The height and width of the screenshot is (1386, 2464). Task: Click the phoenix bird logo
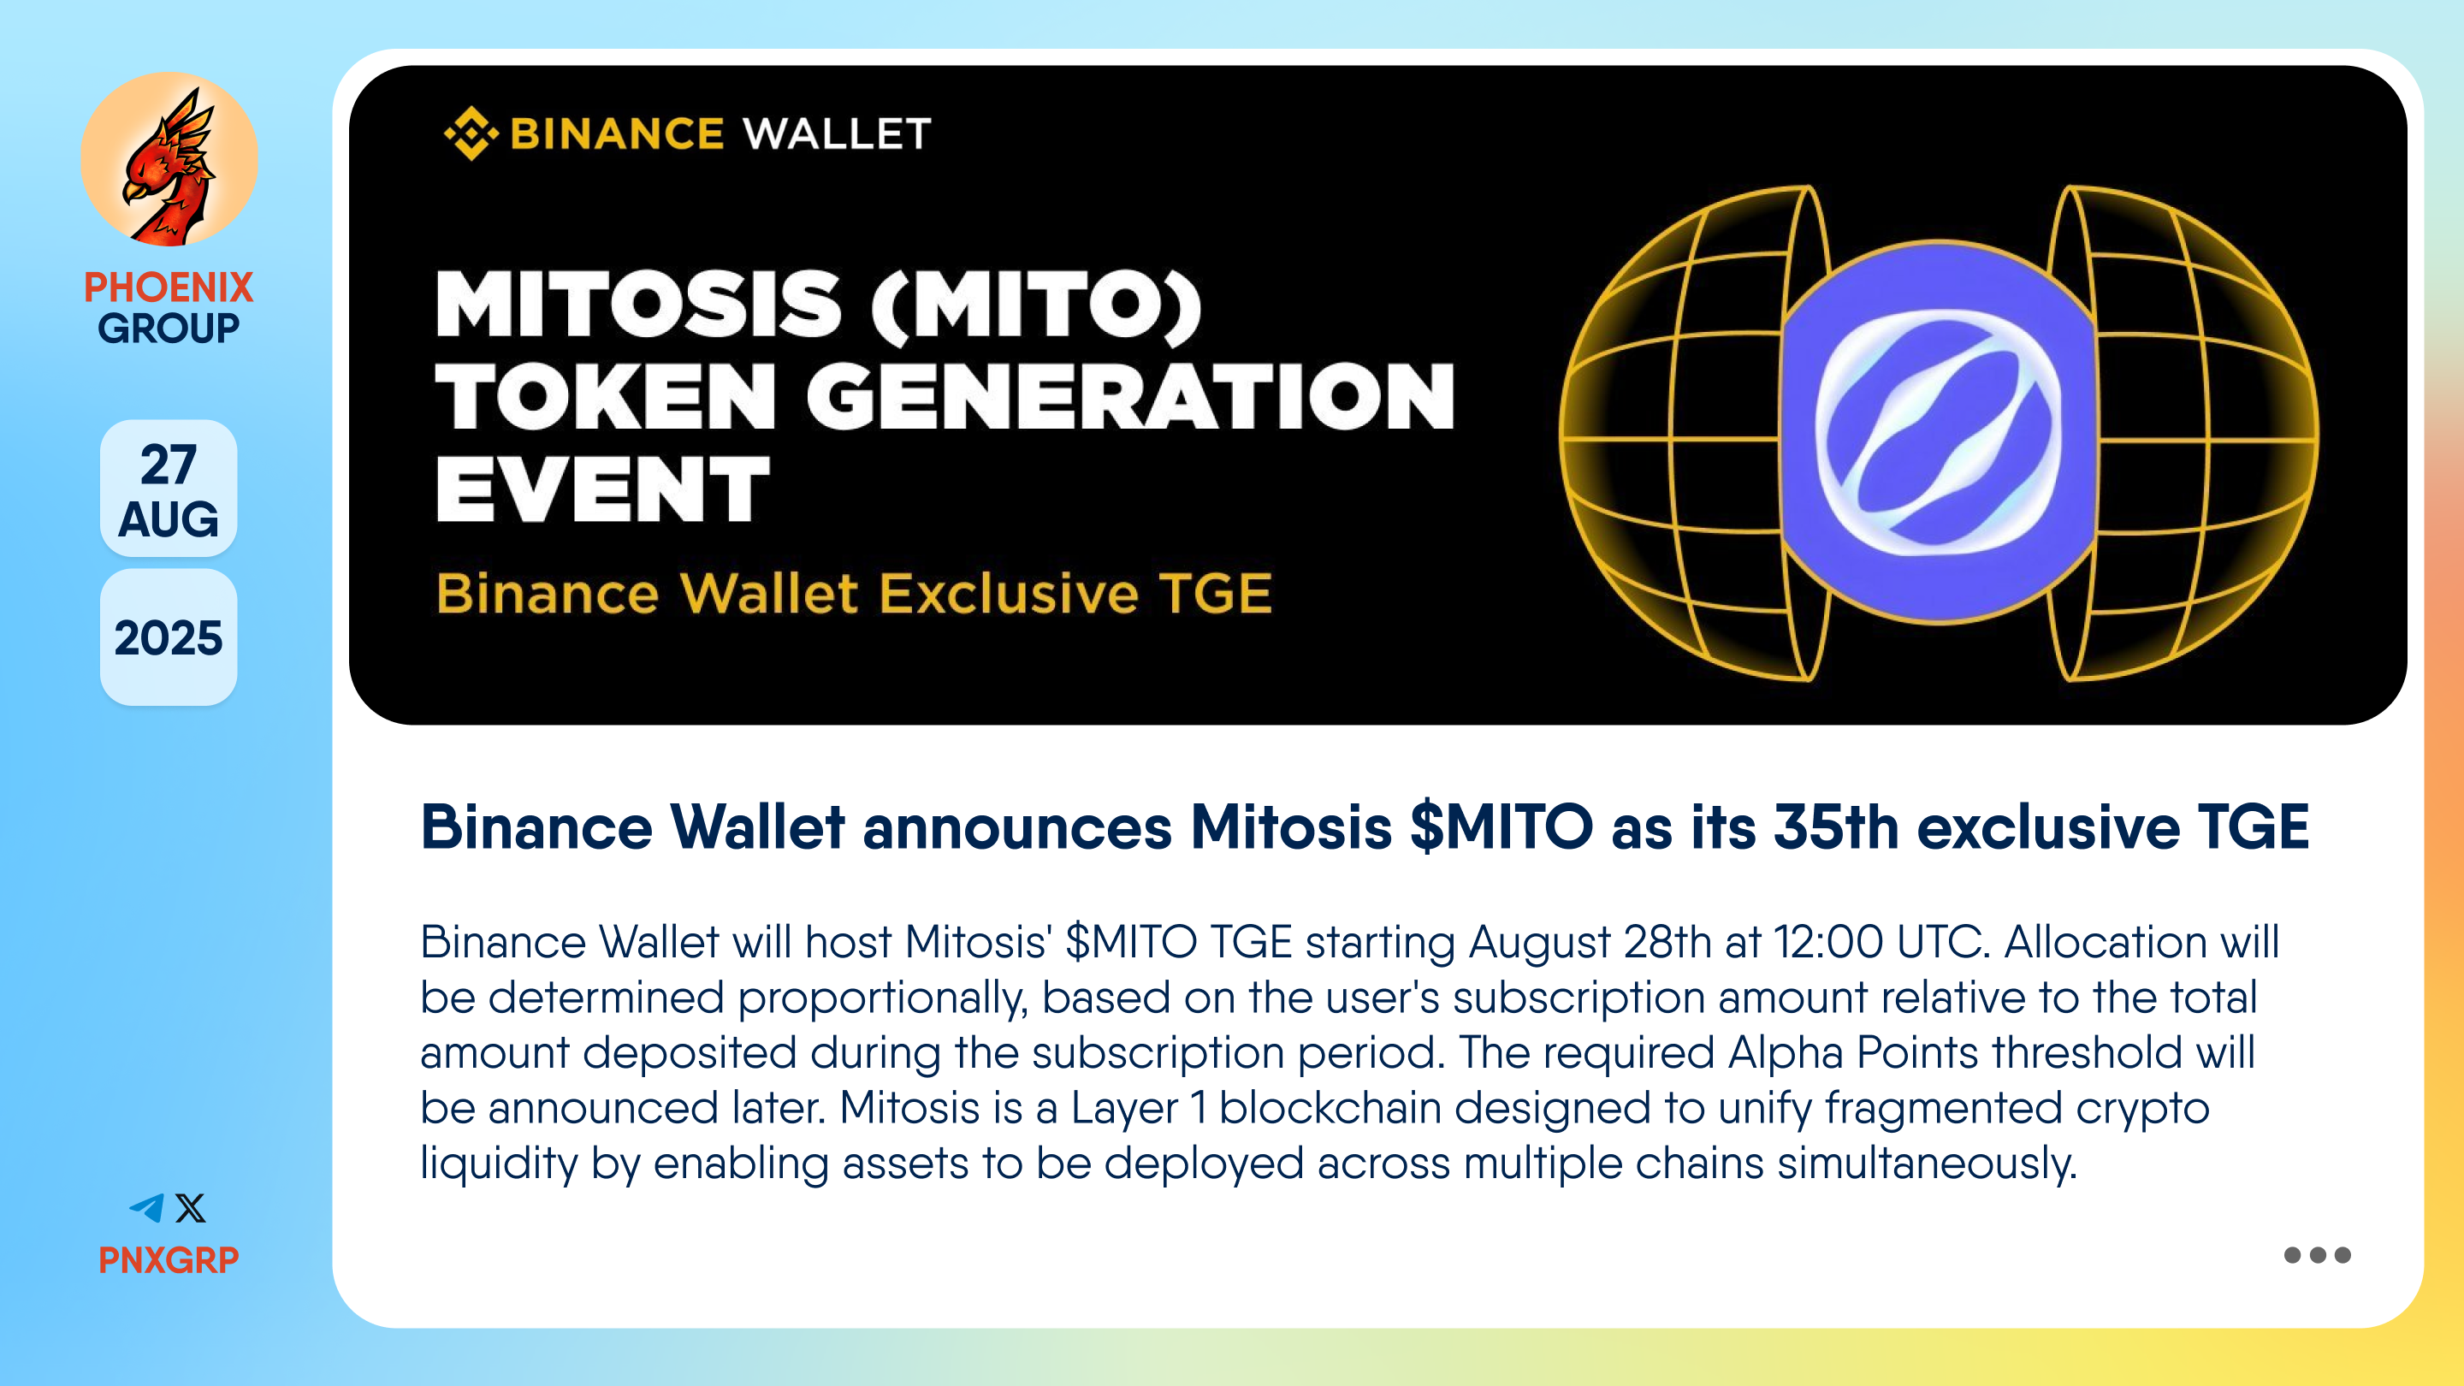coord(169,159)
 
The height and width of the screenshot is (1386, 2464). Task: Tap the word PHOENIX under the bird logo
coord(169,287)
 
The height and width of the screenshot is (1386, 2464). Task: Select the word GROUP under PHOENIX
coord(169,328)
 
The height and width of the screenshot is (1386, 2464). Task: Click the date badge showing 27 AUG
coord(169,489)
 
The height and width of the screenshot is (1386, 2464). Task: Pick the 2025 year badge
coord(169,638)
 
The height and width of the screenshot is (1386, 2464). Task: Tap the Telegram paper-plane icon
coord(147,1208)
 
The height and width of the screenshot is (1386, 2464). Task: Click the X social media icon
coord(190,1208)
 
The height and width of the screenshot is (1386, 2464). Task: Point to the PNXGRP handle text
coord(169,1259)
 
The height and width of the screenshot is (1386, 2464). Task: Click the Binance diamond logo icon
coord(471,133)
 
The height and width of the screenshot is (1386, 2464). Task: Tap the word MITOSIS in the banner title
coord(639,305)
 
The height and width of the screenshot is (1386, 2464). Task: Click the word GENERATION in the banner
coord(1130,396)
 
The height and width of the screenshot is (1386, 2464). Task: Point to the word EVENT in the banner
coord(602,489)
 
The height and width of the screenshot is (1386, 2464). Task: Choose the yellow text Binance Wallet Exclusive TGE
coord(854,593)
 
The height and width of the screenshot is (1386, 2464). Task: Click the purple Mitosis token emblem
coord(1939,432)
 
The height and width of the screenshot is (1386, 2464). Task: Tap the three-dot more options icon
coord(2317,1255)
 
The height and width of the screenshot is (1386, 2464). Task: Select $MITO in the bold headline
coord(1501,826)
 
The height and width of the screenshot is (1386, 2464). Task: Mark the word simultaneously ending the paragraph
coord(1928,1164)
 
